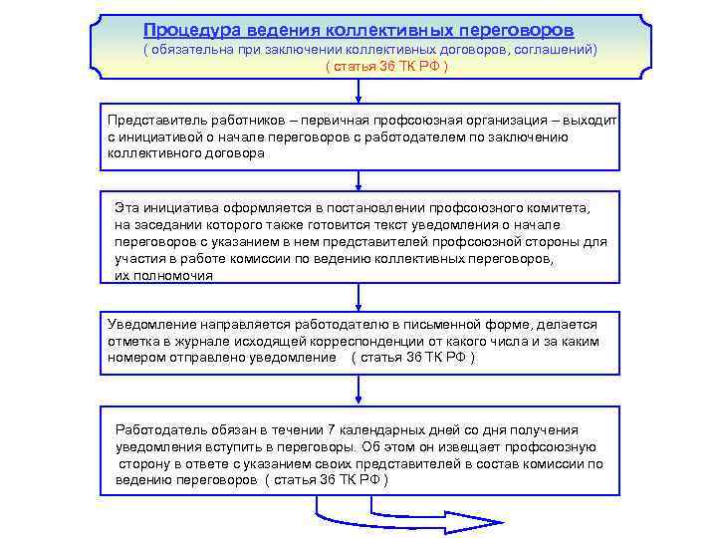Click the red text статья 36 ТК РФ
pos(387,66)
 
